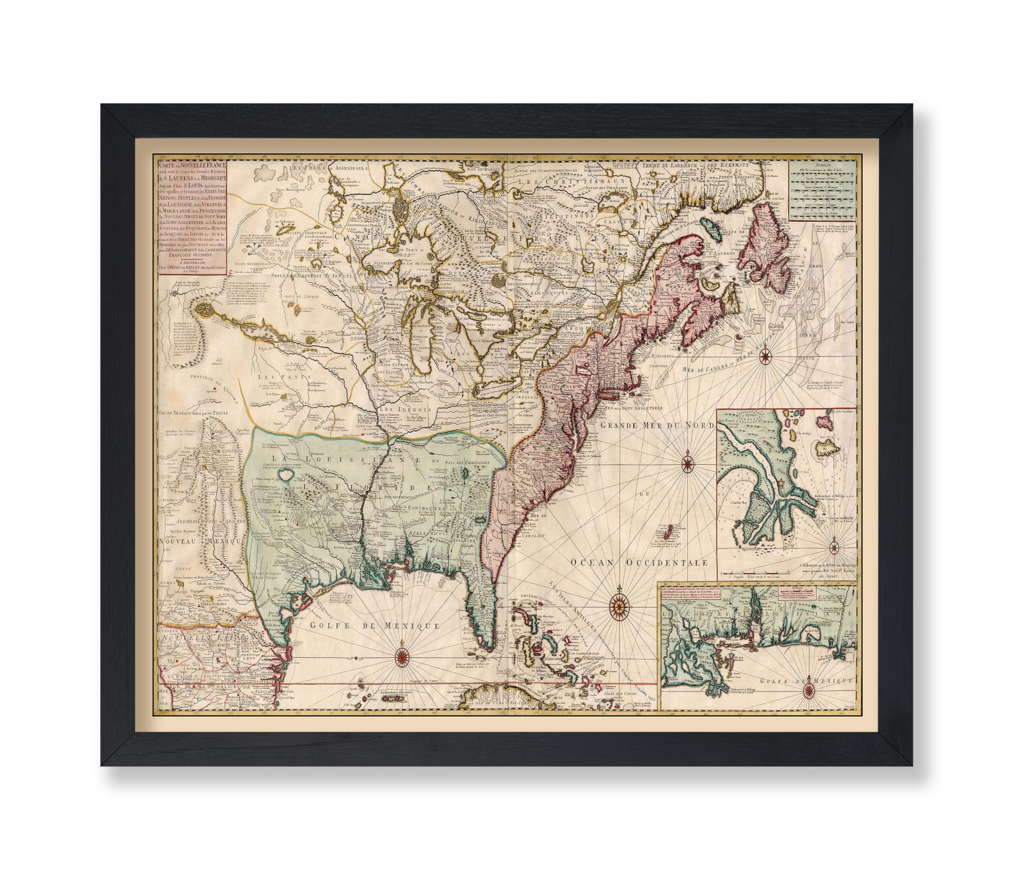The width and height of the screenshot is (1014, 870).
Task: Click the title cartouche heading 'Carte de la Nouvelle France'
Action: point(191,166)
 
